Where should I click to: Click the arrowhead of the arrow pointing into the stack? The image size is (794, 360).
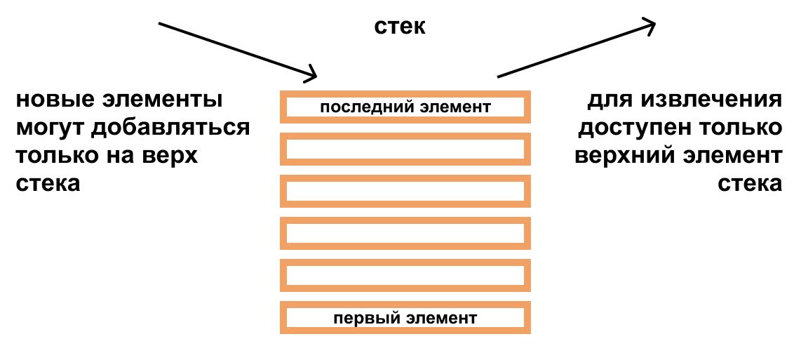[312, 73]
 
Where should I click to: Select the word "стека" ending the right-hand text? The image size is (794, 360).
[749, 184]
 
